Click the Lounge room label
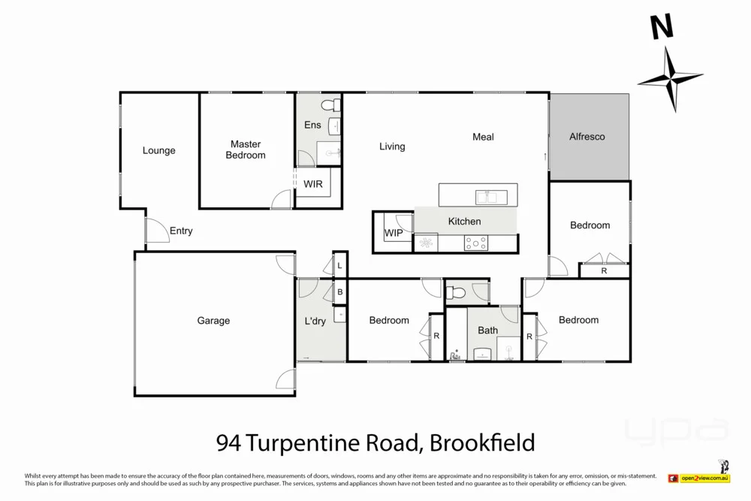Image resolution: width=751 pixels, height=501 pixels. click(x=158, y=150)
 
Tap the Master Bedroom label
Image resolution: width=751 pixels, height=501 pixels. click(x=246, y=149)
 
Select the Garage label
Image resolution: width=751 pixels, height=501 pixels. click(x=213, y=321)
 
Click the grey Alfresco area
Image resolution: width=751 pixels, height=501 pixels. click(x=588, y=137)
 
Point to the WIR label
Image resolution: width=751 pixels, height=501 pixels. click(x=313, y=183)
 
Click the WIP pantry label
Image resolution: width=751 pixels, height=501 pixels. click(x=393, y=233)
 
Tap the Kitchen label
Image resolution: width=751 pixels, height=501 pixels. click(x=464, y=221)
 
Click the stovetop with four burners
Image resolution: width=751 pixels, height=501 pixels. click(x=475, y=243)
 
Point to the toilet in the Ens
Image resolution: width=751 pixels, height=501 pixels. click(x=329, y=104)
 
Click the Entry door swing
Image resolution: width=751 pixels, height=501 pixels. click(x=155, y=231)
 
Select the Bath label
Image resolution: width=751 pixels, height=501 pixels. click(x=487, y=330)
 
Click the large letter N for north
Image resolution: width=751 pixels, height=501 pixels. click(x=661, y=28)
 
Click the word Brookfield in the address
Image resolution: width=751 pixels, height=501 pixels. click(x=482, y=441)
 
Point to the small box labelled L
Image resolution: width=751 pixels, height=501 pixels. click(x=339, y=265)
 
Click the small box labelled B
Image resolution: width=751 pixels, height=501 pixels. click(x=339, y=292)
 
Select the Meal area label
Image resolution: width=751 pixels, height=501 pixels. click(x=483, y=137)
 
